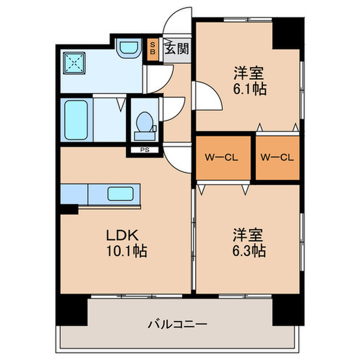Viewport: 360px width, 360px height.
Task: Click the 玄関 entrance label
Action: (x=176, y=49)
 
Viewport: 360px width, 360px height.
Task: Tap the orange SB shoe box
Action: (x=152, y=50)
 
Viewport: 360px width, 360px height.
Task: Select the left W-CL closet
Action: (x=223, y=158)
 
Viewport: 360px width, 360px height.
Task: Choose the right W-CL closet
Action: (x=278, y=158)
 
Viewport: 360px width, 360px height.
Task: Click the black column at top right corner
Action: (x=287, y=33)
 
